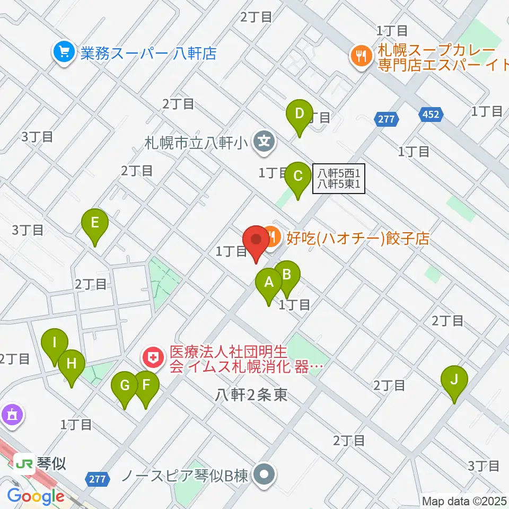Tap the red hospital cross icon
pos(153,359)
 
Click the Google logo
pos(36,496)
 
